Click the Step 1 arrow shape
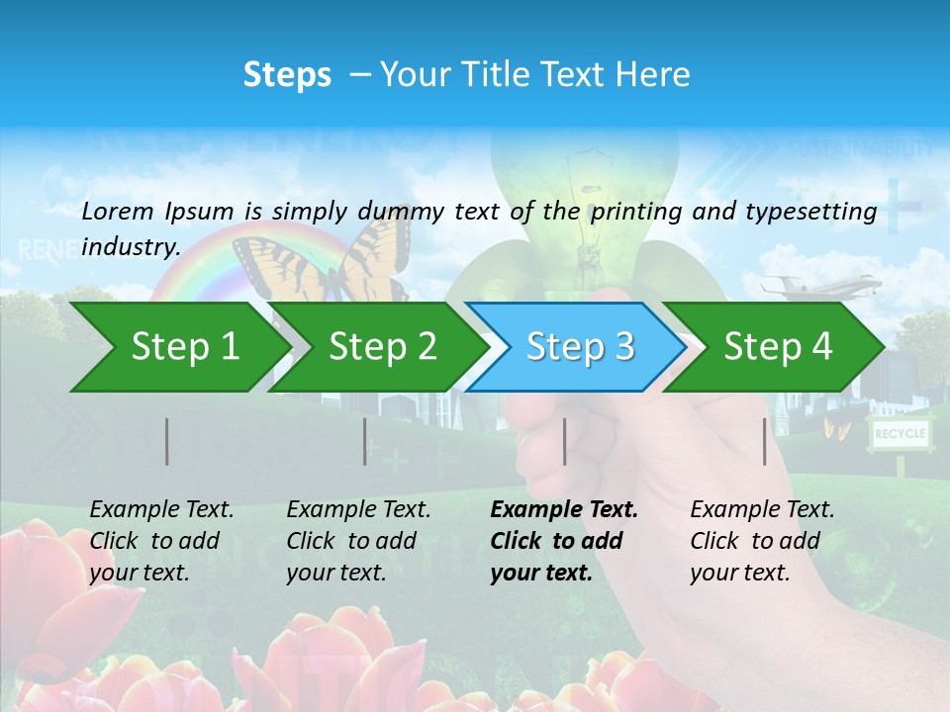pos(178,347)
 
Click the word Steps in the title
pos(287,75)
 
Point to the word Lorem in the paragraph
pos(118,211)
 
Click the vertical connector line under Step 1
pos(166,441)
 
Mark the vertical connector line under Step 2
pos(364,441)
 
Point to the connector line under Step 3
pos(564,441)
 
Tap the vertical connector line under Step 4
pos(764,441)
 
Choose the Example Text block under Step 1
pos(160,541)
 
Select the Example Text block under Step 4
pos(761,541)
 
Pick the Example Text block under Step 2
pos(357,541)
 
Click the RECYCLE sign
pos(900,433)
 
